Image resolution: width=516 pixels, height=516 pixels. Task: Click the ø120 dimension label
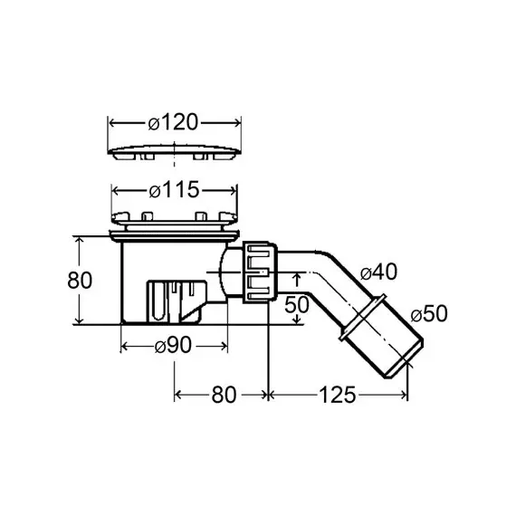coord(173,122)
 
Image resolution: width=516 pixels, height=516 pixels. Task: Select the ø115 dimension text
coord(174,190)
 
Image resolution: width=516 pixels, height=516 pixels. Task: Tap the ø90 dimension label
coord(173,346)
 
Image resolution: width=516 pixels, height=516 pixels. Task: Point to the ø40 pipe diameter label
coord(378,272)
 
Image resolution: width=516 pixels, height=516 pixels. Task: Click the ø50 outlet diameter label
coord(429,313)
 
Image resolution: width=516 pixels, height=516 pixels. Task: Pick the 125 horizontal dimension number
coord(338,395)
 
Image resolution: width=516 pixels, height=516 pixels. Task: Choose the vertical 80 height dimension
coord(80,281)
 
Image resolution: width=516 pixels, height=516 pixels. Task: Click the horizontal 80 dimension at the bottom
coord(224,395)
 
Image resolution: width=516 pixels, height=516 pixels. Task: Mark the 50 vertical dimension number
coord(297,304)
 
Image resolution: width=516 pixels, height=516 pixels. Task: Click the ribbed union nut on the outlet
coord(261,272)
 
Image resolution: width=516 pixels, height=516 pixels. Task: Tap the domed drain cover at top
coord(175,152)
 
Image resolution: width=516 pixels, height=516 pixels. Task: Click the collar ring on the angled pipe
coord(362,317)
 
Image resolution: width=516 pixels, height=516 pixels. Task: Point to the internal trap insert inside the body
coord(177,301)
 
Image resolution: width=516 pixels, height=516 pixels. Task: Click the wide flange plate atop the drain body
coord(175,235)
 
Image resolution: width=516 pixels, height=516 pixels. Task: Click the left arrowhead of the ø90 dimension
coord(125,346)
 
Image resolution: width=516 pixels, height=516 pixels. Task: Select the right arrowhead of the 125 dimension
coord(404,395)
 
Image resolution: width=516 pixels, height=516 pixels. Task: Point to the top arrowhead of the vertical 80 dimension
coord(79,240)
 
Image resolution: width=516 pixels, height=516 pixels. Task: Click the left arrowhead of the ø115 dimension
coord(116,190)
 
